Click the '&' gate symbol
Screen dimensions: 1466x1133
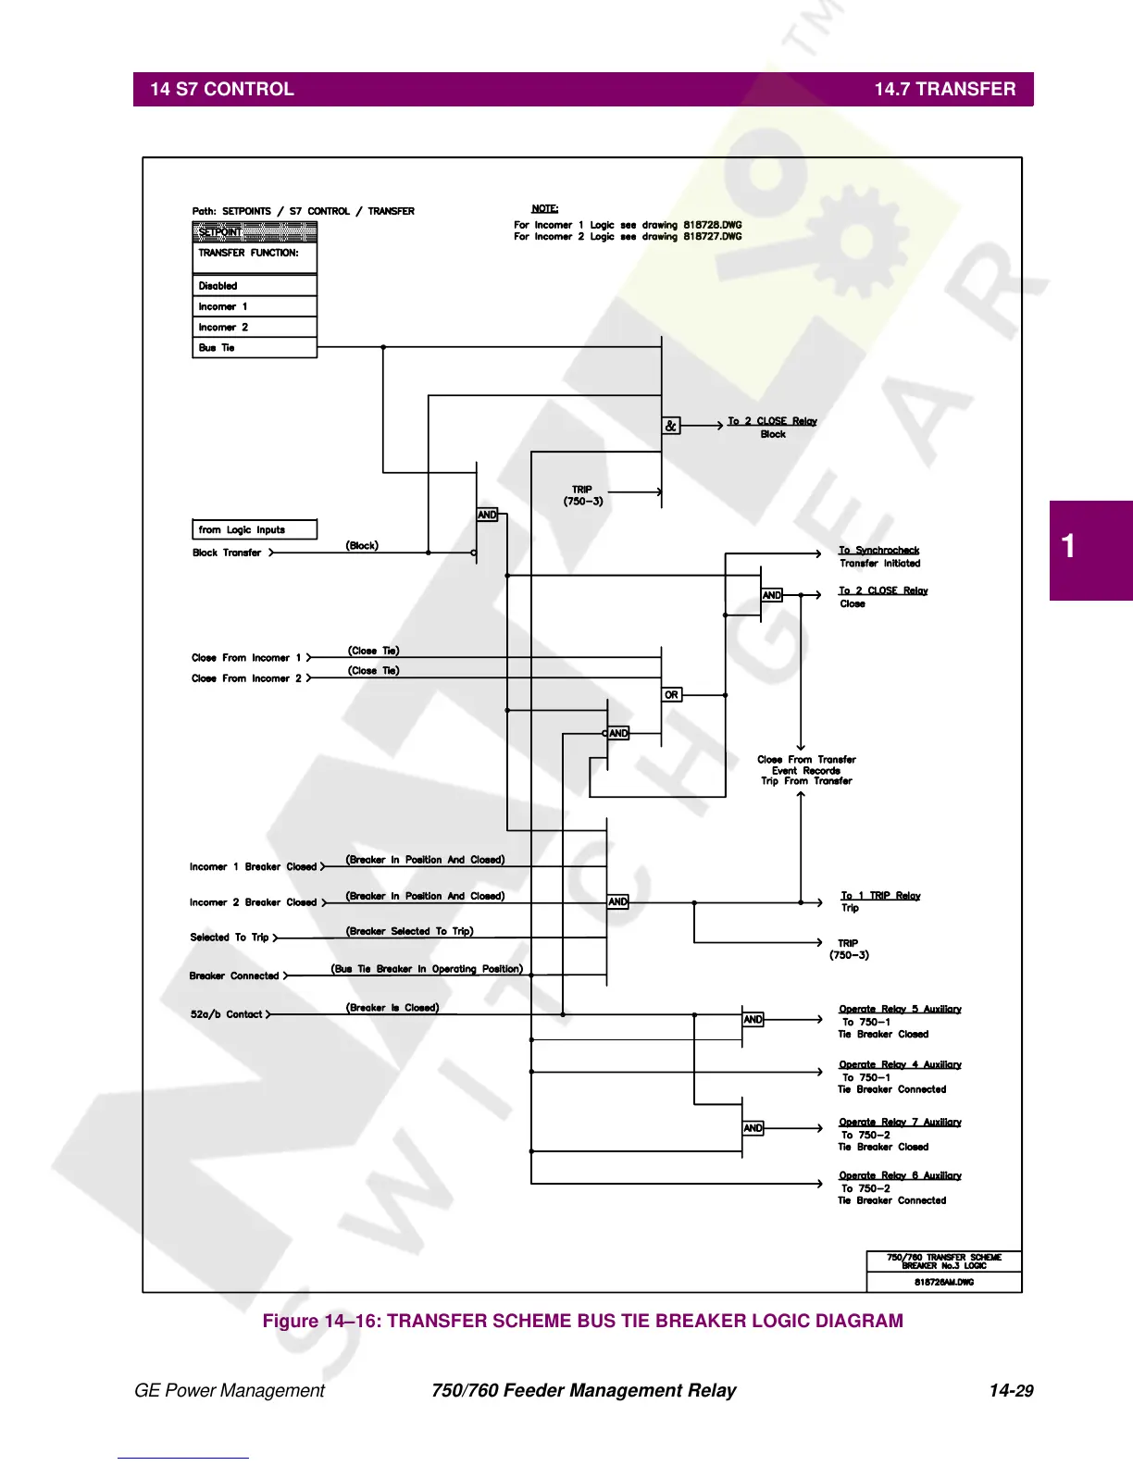point(671,426)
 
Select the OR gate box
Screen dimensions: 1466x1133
point(672,694)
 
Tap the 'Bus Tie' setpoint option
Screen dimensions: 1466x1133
point(217,348)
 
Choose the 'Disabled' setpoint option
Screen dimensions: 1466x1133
point(218,286)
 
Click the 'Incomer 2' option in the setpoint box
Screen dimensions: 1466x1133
point(223,328)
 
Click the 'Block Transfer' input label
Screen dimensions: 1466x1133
point(227,553)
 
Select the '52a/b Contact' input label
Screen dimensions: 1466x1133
point(227,1014)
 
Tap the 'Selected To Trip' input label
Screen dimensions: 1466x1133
point(230,938)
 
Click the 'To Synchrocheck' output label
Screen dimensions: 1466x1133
point(879,551)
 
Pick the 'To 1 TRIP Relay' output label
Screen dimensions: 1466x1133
point(880,896)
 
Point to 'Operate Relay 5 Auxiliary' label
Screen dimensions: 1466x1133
point(900,1009)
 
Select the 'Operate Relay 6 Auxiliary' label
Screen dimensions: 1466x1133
point(900,1175)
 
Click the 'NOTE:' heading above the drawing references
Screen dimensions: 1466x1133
point(544,209)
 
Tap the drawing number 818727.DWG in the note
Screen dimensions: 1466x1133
point(713,237)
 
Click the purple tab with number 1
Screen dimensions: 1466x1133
point(1090,550)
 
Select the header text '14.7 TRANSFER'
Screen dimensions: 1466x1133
point(944,89)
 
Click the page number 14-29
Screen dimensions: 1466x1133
point(1011,1390)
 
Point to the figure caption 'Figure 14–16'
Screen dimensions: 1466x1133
point(582,1321)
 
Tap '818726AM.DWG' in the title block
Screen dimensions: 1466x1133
point(944,1282)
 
